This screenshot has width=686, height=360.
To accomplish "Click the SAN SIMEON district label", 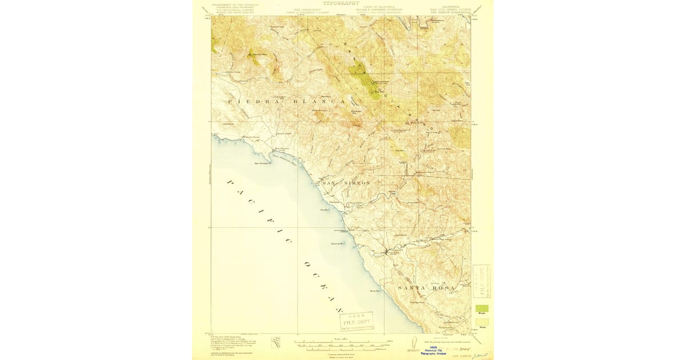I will (346, 182).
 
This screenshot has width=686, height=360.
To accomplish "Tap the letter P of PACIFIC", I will (230, 182).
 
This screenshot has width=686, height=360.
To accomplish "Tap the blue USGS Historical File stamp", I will (436, 350).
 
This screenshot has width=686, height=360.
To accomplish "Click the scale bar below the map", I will (342, 343).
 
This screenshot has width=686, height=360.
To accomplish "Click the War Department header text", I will (305, 9).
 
